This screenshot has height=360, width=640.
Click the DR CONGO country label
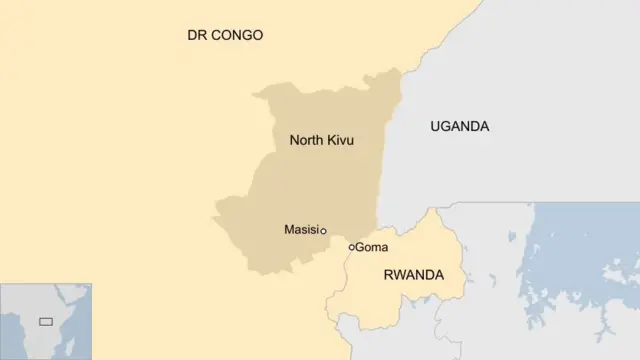pyautogui.click(x=225, y=35)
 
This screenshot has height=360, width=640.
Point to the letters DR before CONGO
pyautogui.click(x=197, y=35)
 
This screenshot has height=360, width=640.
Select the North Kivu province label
pyautogui.click(x=321, y=140)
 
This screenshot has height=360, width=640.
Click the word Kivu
pyautogui.click(x=340, y=140)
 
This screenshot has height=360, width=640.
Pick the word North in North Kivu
pyautogui.click(x=306, y=140)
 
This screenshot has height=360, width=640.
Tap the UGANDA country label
pyautogui.click(x=459, y=126)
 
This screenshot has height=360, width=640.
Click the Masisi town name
pyautogui.click(x=301, y=230)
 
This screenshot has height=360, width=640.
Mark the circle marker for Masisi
pyautogui.click(x=323, y=231)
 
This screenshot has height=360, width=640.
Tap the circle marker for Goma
pyautogui.click(x=351, y=247)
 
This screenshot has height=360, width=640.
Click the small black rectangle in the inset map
pyautogui.click(x=45, y=322)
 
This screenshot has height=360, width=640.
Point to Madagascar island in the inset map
pyautogui.click(x=78, y=345)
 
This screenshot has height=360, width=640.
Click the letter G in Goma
pyautogui.click(x=361, y=247)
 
